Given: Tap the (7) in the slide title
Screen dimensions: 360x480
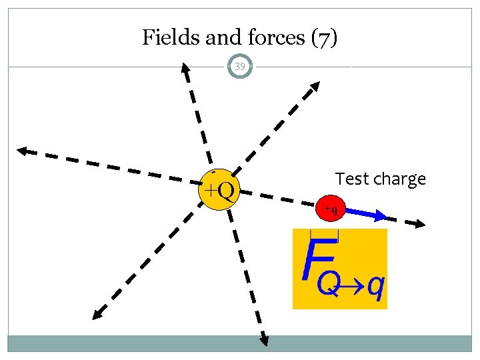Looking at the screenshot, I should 325,37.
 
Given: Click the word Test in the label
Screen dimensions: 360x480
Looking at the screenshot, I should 351,179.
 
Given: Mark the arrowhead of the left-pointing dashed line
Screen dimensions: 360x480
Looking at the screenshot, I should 23,151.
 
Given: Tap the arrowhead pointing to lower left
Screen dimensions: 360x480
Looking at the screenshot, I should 97,314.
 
